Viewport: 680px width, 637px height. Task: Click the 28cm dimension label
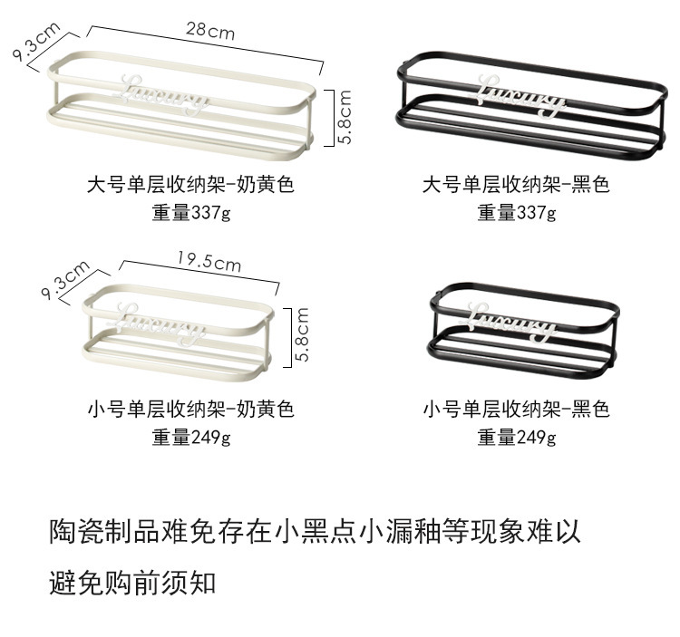click(x=210, y=30)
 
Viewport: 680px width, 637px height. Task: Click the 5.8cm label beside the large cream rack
click(x=345, y=116)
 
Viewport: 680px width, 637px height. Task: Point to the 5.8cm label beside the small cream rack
click(x=302, y=335)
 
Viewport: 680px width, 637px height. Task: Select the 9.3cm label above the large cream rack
click(x=36, y=42)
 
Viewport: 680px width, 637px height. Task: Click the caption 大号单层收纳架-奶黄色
click(x=191, y=187)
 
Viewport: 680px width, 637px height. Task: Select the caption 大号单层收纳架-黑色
click(x=517, y=187)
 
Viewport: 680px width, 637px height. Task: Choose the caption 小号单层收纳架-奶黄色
click(x=191, y=410)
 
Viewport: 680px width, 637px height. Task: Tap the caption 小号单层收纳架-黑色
click(x=517, y=410)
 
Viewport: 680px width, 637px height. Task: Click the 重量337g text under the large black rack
click(x=517, y=214)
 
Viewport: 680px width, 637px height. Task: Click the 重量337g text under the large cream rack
click(x=191, y=214)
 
